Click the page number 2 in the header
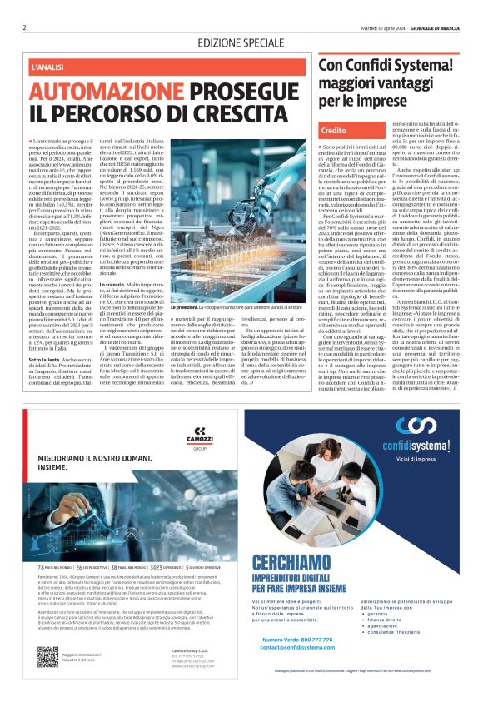click(25, 27)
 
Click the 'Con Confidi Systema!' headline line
click(388, 66)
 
